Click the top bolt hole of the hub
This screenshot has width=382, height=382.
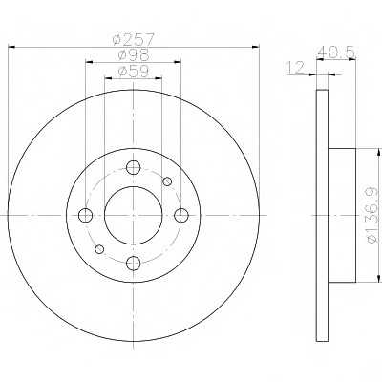pos(133,168)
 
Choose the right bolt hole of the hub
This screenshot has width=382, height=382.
pos(180,215)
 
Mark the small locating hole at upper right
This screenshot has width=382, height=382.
pos(167,181)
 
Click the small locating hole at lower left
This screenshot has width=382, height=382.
pos(99,249)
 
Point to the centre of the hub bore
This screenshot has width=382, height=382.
pos(133,215)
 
